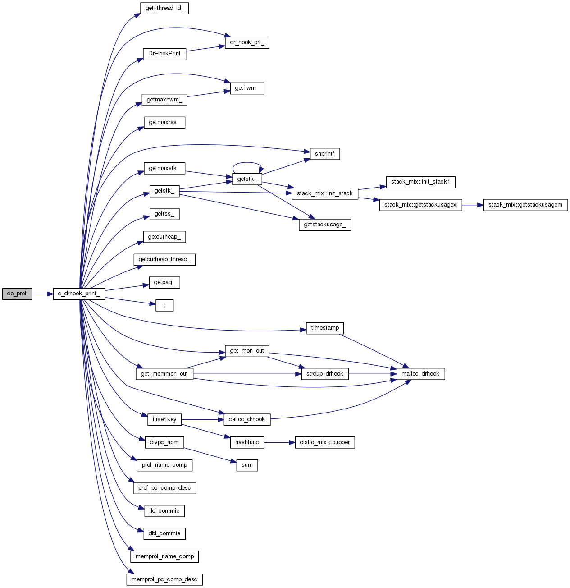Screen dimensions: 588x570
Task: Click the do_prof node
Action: [17, 294]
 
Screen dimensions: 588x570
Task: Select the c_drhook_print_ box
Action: [79, 294]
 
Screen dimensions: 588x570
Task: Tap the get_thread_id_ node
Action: [164, 9]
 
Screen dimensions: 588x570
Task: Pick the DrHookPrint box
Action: [164, 54]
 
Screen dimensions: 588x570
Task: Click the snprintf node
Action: [324, 154]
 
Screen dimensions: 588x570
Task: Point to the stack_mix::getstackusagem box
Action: [525, 205]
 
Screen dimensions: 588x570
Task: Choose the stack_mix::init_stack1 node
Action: [420, 182]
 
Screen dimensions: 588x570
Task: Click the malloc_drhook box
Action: [420, 374]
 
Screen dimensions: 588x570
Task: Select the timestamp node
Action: [325, 328]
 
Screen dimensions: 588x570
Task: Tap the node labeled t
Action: [164, 306]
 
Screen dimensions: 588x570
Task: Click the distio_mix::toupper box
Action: [324, 443]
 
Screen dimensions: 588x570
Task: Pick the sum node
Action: [247, 465]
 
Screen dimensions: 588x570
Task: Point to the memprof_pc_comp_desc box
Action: [164, 580]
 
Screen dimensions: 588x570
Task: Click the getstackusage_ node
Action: [324, 225]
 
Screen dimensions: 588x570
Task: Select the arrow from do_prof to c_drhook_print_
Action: [42, 294]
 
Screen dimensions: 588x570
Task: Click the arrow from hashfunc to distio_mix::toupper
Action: [279, 443]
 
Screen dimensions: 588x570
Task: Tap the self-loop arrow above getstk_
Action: [247, 163]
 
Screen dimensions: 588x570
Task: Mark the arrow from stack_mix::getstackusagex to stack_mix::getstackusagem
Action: [472, 205]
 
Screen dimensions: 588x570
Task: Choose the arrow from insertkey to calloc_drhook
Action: [203, 420]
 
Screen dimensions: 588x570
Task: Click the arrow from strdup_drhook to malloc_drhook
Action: [372, 374]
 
